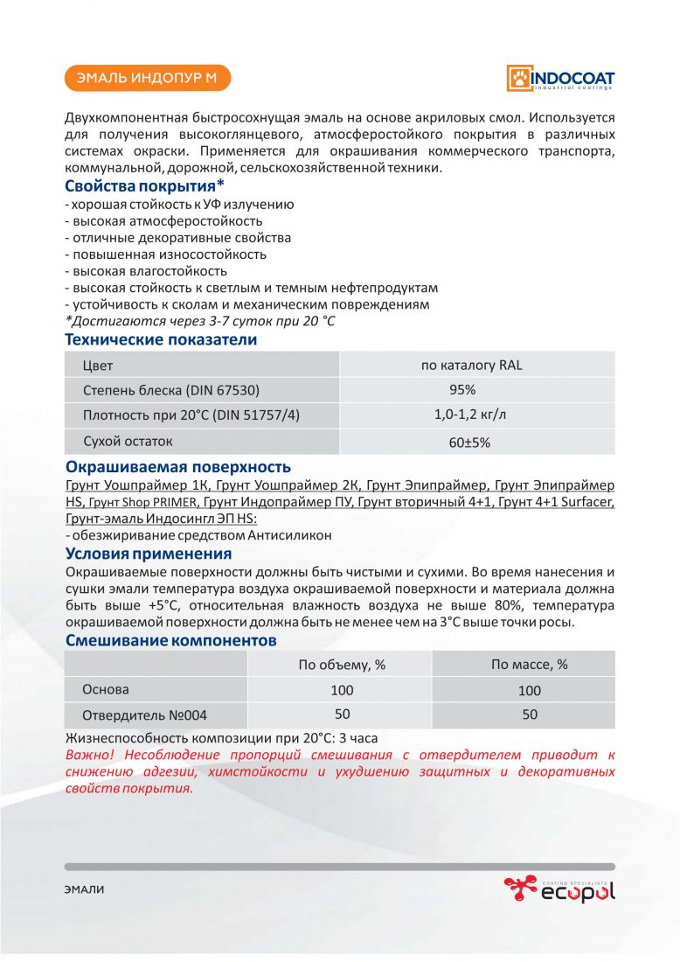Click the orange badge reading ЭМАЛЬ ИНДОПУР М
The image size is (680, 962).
tap(147, 79)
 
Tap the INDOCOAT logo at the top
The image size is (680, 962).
tap(560, 78)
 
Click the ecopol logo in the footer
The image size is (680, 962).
tap(559, 889)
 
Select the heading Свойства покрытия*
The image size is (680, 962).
tap(145, 186)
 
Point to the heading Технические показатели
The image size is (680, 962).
tap(161, 339)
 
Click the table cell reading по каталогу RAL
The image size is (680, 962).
tap(472, 365)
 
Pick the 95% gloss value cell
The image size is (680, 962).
tap(462, 390)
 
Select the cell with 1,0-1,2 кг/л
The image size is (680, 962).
tap(469, 415)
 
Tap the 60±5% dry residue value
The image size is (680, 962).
tap(469, 443)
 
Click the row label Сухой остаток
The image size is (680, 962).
tap(128, 441)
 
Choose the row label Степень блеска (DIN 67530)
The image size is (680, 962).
tap(170, 390)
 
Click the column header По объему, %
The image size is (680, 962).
tap(342, 665)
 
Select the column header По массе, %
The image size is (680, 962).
tap(529, 665)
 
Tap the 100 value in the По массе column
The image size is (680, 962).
tap(529, 690)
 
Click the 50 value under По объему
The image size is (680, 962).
tap(342, 715)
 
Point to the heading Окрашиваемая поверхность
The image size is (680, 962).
tap(178, 467)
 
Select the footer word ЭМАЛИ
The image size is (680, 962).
tap(84, 889)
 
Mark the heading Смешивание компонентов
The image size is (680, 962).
tap(171, 640)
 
